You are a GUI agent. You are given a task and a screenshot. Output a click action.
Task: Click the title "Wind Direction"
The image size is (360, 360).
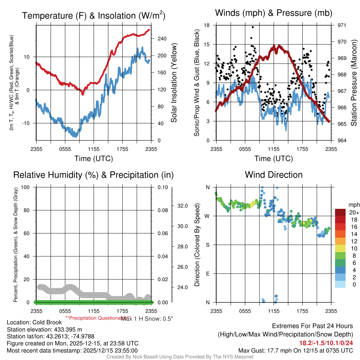coord(274,175)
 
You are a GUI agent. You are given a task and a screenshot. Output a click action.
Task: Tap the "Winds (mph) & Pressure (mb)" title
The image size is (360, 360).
coord(274,13)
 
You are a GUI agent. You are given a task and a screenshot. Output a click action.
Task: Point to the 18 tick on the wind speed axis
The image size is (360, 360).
coord(207,25)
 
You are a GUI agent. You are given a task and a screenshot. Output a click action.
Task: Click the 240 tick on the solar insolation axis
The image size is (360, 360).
coord(161,39)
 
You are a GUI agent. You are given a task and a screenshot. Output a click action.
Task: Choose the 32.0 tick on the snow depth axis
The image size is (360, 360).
coord(182,206)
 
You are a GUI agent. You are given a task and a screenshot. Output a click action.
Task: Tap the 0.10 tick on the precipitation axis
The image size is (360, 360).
coord(162,187)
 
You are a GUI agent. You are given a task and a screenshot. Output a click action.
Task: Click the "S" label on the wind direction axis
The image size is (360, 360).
coord(207,245)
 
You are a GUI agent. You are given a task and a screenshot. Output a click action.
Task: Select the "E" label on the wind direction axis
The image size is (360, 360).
coord(207,274)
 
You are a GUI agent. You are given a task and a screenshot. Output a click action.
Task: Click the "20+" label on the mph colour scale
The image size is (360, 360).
coord(354,212)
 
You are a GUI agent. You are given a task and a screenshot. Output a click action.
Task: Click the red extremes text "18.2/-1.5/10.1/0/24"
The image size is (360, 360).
coord(326,343)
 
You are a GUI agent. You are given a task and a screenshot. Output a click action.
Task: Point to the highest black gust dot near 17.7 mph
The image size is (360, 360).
coord(253,27)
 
